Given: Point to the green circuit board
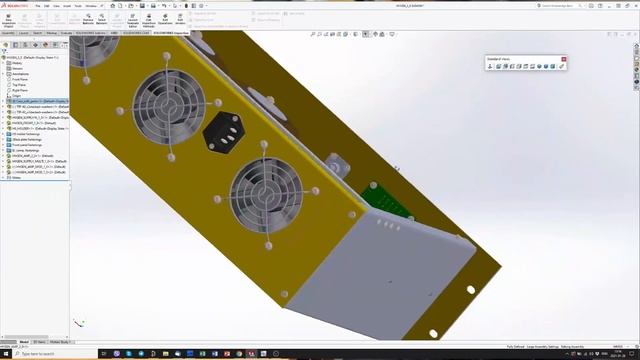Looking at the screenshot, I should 386,202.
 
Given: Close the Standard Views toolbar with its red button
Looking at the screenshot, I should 564,60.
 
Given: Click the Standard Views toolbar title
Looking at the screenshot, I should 501,60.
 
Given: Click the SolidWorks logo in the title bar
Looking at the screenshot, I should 18,5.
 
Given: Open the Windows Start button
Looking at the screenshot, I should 5,354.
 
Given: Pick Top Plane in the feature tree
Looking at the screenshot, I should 18,85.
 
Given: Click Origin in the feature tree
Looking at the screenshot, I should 16,96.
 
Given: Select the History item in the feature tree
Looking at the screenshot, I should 16,63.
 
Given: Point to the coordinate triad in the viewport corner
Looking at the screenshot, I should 79,323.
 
